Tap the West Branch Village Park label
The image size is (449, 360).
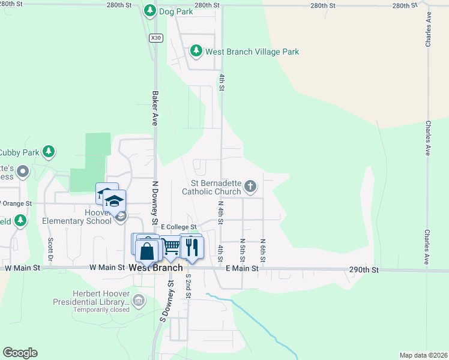click(252, 52)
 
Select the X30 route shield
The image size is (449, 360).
click(156, 37)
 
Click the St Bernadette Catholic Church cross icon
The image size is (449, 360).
click(250, 187)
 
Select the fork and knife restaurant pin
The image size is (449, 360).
click(191, 247)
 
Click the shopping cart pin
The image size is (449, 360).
click(171, 246)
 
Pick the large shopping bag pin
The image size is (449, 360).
click(147, 251)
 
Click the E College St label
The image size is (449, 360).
click(179, 227)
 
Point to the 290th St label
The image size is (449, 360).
click(365, 271)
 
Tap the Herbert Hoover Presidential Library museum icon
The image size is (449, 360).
click(139, 299)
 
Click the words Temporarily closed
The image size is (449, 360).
click(101, 310)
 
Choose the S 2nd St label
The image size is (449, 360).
click(188, 287)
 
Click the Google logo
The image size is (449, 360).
click(20, 353)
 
